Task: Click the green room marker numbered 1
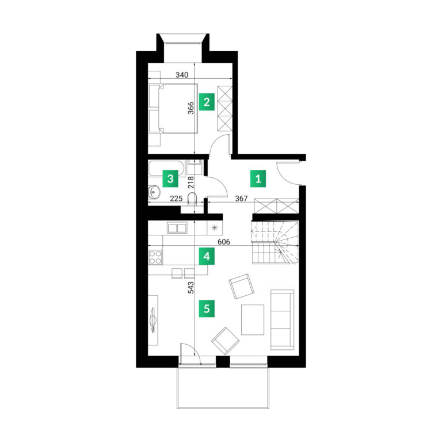[258, 178]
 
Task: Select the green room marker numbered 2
[207, 102]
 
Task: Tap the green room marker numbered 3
[170, 178]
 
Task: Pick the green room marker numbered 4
[207, 257]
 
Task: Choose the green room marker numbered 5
[207, 308]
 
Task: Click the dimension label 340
[182, 75]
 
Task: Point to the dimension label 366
[191, 108]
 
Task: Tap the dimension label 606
[224, 242]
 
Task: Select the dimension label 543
[191, 288]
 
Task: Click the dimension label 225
[176, 199]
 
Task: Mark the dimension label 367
[241, 199]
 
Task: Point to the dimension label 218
[191, 182]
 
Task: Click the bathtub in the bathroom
[166, 169]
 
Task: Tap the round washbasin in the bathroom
[154, 192]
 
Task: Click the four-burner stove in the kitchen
[155, 257]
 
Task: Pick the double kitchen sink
[177, 227]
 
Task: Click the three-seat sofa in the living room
[282, 319]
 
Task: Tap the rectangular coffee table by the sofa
[253, 319]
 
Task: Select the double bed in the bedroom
[173, 108]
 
